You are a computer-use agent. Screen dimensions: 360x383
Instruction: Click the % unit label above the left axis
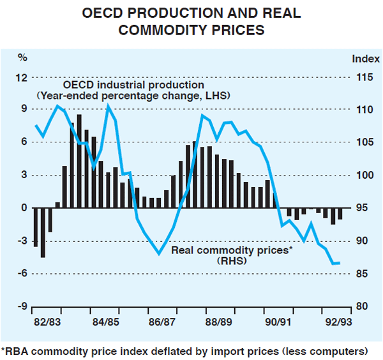[22, 58]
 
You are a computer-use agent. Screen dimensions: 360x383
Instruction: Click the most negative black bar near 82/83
[43, 232]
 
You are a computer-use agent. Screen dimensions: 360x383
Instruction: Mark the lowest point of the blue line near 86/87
[158, 254]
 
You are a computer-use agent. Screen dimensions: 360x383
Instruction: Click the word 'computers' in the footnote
[340, 350]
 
